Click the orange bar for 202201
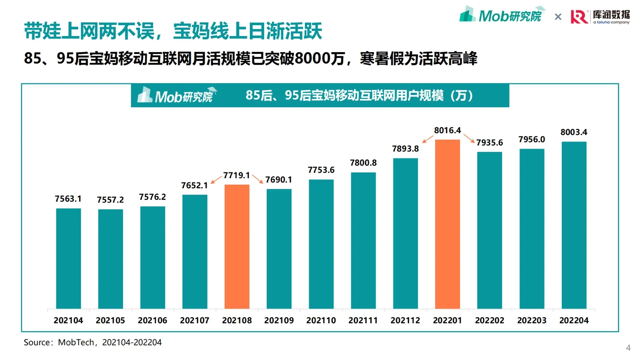(x=448, y=224)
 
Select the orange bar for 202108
(x=237, y=247)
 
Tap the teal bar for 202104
(x=69, y=259)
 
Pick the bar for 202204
(x=574, y=225)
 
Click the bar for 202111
(x=364, y=241)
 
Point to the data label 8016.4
(x=448, y=130)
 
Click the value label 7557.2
(x=110, y=200)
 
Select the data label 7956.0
(x=532, y=139)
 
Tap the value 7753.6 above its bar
(x=321, y=170)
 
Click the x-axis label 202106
(x=153, y=321)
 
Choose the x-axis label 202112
(x=406, y=321)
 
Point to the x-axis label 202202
(x=490, y=321)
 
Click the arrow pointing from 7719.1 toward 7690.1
(x=257, y=179)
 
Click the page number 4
(x=628, y=348)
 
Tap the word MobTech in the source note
(x=76, y=342)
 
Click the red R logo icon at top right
(x=580, y=17)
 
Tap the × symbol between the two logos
(x=558, y=17)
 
